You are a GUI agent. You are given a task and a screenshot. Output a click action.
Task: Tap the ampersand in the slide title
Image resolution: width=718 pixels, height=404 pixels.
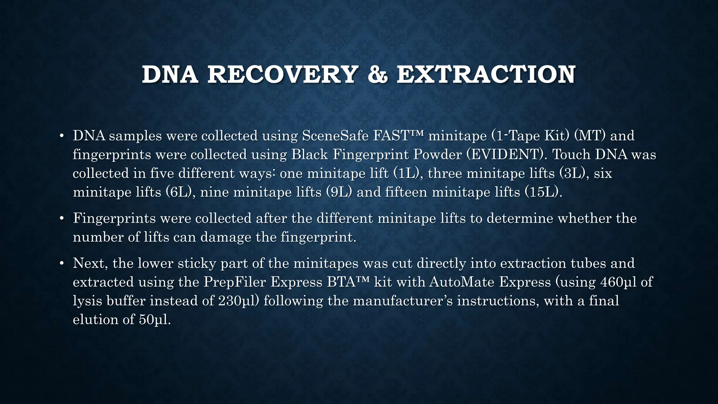(x=377, y=75)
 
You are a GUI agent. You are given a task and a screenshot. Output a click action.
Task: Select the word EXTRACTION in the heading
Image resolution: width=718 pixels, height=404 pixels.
(x=486, y=75)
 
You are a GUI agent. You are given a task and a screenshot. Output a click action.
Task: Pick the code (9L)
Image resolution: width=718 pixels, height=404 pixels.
(x=339, y=193)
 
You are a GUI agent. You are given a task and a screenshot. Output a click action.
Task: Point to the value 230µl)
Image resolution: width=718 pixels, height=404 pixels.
(x=239, y=301)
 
